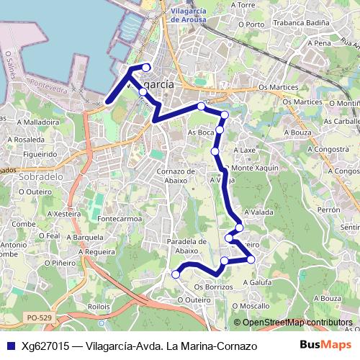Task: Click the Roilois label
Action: [x=98, y=305]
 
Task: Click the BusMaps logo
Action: [x=321, y=345]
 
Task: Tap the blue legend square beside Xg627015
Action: [x=9, y=346]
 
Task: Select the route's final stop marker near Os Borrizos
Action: [x=175, y=274]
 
